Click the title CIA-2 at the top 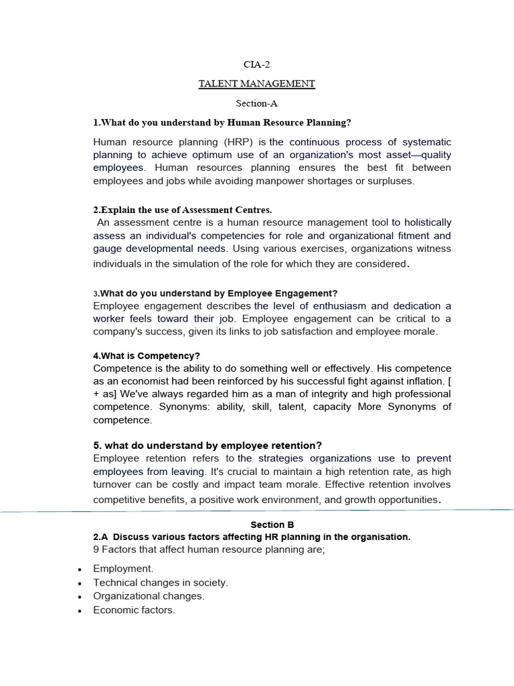(x=256, y=64)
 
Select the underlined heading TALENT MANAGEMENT (x=256, y=84)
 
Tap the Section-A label (x=256, y=103)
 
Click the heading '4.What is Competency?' (x=147, y=356)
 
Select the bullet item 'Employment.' (x=123, y=569)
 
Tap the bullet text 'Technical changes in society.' (x=161, y=582)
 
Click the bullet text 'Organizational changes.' (x=149, y=596)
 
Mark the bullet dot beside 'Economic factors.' (x=80, y=611)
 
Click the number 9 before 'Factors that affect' (x=96, y=550)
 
